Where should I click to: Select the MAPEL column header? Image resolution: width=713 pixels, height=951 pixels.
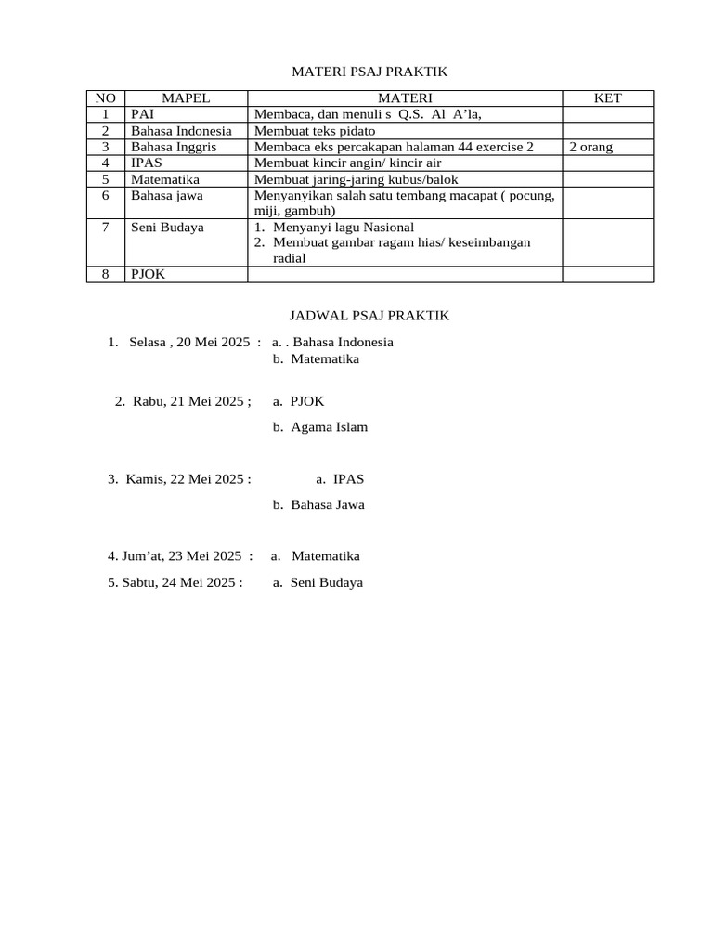coord(186,98)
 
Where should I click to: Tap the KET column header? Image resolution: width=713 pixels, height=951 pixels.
coord(607,98)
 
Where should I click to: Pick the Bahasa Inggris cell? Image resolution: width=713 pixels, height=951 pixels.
coord(172,147)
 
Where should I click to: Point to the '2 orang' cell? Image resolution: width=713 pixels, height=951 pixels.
coord(590,147)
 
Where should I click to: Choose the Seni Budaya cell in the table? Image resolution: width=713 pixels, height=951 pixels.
coord(167,228)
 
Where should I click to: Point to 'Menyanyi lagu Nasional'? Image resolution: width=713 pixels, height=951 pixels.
coord(344,228)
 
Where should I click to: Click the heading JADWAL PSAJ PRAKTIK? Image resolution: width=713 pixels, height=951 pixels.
coord(356,316)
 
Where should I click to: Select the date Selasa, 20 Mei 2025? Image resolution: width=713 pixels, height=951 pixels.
coord(189,342)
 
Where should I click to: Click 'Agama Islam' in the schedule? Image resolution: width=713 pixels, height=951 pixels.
coord(329,427)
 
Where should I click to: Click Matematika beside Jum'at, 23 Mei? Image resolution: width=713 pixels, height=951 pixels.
coord(325,556)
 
